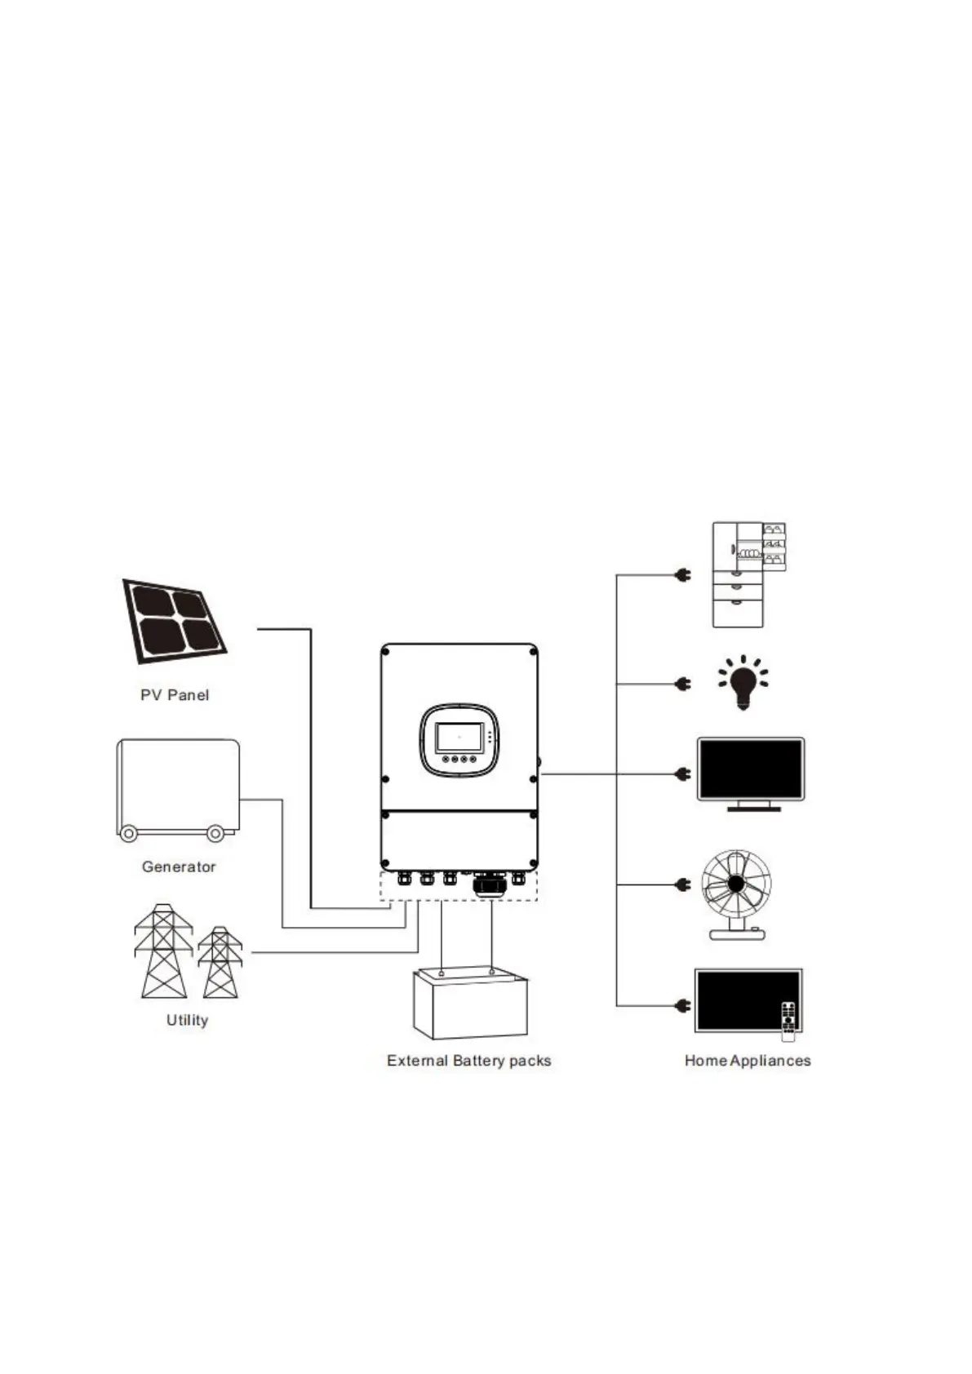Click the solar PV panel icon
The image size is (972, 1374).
[x=174, y=621]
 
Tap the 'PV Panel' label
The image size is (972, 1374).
[x=175, y=695]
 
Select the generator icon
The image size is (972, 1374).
[x=178, y=787]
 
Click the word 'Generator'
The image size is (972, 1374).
[x=179, y=867]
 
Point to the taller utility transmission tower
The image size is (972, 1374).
[x=163, y=951]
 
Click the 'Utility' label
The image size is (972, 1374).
[x=187, y=1020]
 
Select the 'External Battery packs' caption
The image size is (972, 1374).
[x=468, y=1061]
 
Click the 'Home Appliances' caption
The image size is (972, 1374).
[x=747, y=1061]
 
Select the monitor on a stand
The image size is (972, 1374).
[x=750, y=773]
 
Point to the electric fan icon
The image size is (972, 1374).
[x=736, y=892]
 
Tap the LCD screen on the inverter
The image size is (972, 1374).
[x=458, y=738]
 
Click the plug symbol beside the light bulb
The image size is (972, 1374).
[x=683, y=684]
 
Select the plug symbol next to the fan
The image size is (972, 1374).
[x=683, y=884]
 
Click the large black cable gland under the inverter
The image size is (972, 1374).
[x=490, y=884]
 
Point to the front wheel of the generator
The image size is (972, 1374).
[x=129, y=834]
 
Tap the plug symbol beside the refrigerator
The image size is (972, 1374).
[x=683, y=575]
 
